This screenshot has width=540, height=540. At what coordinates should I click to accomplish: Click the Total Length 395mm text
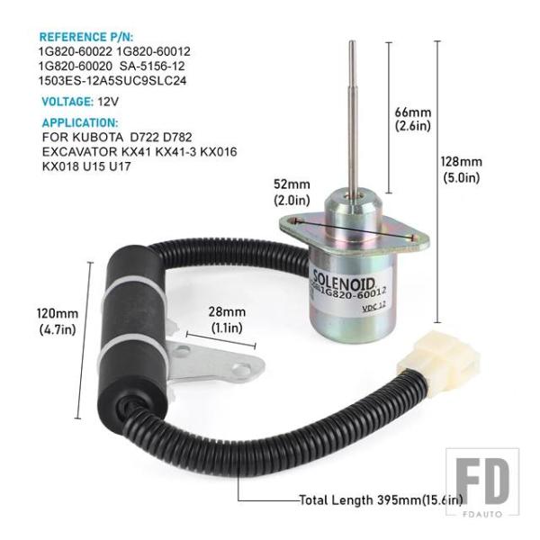point(381,499)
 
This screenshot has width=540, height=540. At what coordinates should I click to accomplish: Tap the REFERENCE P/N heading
point(86,37)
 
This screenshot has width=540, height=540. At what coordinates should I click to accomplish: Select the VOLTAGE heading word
point(67,102)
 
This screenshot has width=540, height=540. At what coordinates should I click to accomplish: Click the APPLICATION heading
point(80,123)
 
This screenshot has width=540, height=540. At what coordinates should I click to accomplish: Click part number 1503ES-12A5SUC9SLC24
point(112,81)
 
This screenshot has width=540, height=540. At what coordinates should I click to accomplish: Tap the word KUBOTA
point(97,137)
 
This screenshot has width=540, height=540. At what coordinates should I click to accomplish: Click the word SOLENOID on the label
point(344,280)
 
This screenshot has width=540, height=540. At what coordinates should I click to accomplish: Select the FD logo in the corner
point(482,482)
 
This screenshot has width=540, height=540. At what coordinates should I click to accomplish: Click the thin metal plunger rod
point(353,117)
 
